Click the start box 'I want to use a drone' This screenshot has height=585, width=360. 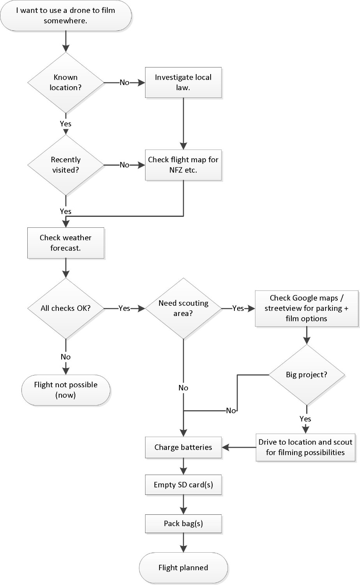[x=66, y=16]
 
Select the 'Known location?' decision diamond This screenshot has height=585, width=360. [x=66, y=82]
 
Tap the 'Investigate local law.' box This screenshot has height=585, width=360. [x=183, y=82]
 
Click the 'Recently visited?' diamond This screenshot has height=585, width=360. [x=66, y=165]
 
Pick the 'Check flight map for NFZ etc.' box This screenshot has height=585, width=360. [x=183, y=165]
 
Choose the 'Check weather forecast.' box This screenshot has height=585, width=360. [x=66, y=243]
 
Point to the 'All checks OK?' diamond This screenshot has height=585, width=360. [x=66, y=308]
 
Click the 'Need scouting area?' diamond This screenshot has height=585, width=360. [x=183, y=308]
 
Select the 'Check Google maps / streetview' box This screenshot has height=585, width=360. [x=306, y=308]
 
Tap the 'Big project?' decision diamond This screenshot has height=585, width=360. [x=306, y=375]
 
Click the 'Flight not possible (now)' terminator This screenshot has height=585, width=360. [x=66, y=390]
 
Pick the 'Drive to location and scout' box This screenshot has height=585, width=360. [x=305, y=447]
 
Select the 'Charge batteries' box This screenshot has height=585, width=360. [x=183, y=447]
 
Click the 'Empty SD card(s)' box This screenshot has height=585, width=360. [x=183, y=485]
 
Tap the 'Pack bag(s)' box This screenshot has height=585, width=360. [x=183, y=523]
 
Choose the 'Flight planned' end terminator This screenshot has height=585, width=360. [x=183, y=567]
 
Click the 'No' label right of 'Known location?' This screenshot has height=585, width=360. [x=124, y=82]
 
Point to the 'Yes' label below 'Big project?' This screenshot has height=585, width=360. [x=305, y=418]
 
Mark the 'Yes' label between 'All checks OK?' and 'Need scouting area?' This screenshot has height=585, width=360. [x=124, y=308]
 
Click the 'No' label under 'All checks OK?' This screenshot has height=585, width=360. [x=66, y=357]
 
